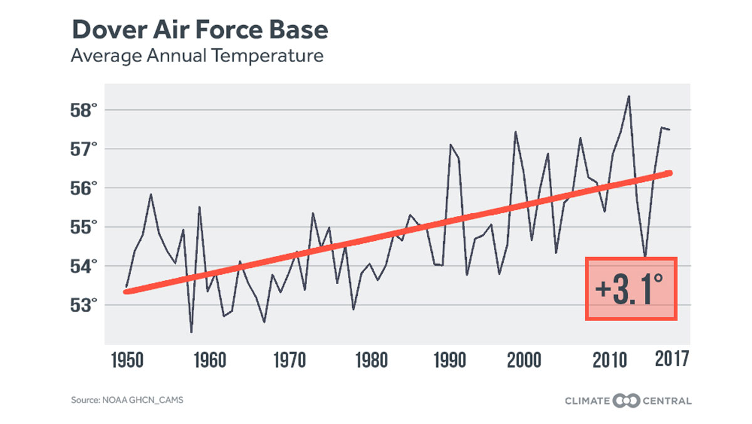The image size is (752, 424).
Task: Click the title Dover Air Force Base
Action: click(199, 29)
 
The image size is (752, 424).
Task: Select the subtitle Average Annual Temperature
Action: click(197, 56)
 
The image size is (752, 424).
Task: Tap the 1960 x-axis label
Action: click(209, 361)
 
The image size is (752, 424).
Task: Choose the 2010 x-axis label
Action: click(610, 361)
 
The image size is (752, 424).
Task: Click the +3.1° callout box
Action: click(631, 289)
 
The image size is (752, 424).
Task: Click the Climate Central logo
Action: click(628, 400)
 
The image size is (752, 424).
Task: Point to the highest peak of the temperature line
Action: click(629, 97)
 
